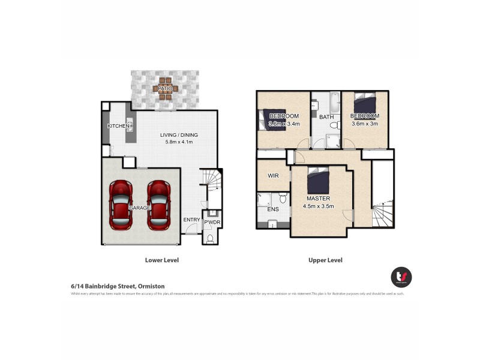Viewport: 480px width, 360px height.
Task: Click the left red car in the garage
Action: coord(122,205)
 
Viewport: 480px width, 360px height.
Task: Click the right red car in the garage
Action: coord(160,205)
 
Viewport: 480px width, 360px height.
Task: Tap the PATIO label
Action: coord(165,89)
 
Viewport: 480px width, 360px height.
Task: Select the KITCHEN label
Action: coord(118,126)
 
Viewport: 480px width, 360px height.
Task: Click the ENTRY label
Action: coord(191,220)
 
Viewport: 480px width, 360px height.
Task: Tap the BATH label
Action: coord(326,117)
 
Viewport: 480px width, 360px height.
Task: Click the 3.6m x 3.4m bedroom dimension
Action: coord(284,124)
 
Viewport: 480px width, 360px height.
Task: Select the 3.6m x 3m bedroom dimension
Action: coord(365,124)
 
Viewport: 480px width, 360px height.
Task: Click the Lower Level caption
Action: coord(162,260)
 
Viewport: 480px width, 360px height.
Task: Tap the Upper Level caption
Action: coord(326,260)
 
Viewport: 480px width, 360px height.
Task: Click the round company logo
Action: coord(401,277)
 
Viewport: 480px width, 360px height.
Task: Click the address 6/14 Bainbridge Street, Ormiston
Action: coord(118,286)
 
